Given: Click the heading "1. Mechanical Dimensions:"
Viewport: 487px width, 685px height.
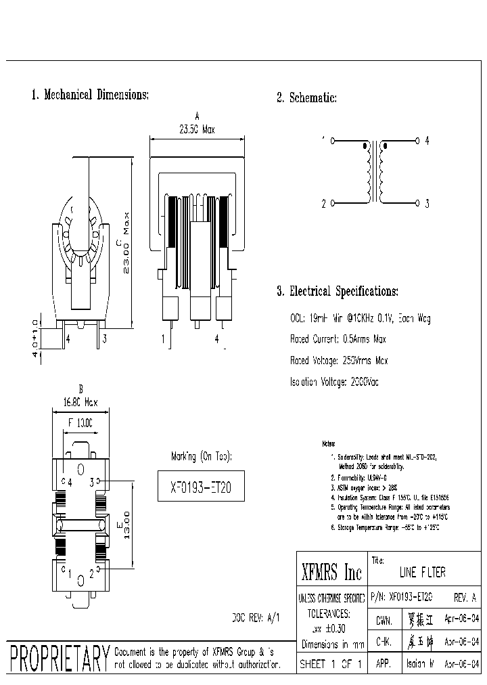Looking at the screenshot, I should (x=90, y=95).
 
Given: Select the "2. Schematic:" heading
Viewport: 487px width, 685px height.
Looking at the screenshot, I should (x=306, y=98).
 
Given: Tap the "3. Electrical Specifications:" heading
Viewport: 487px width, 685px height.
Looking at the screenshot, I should (x=337, y=292).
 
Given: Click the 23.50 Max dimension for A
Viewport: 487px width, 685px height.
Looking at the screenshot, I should (x=196, y=130).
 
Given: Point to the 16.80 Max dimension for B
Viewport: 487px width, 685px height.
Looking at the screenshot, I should (x=80, y=402).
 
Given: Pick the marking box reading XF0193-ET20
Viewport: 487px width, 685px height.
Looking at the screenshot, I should (x=201, y=486).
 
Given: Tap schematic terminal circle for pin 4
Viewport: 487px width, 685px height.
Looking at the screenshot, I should (x=417, y=141).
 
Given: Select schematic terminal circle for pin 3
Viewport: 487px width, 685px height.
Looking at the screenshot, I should (x=417, y=203).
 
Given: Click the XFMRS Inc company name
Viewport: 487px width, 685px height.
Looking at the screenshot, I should (x=331, y=574).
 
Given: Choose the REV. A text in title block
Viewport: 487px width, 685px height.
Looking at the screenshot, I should (x=464, y=597).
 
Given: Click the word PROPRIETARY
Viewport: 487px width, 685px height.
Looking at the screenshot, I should (x=60, y=658).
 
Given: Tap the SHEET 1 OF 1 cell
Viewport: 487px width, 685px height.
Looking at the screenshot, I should (x=331, y=665).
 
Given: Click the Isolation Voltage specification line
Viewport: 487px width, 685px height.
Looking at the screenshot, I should (x=334, y=382).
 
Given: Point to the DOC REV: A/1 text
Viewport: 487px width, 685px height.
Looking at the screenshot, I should (x=255, y=618).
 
